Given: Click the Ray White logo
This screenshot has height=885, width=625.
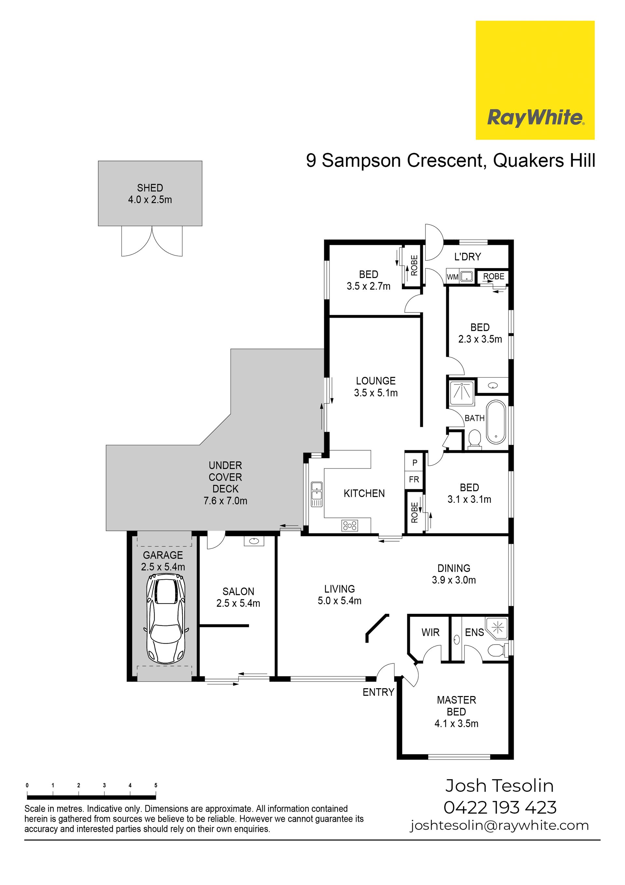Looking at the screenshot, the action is (x=535, y=80).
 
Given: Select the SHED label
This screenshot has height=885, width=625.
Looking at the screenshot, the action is (x=150, y=188).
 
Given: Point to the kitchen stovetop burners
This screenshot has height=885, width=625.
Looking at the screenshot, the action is (x=350, y=525).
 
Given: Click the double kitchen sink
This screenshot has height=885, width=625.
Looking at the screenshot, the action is (x=317, y=494).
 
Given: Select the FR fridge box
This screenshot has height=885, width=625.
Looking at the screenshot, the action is (x=414, y=480).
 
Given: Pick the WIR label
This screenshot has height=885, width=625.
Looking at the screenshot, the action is (x=430, y=632).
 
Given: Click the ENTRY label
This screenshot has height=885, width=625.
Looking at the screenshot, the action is (x=378, y=692).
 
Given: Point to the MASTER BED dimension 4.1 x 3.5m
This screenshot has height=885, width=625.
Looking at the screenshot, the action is (x=456, y=723).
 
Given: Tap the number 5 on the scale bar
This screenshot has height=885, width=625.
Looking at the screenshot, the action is (x=156, y=785).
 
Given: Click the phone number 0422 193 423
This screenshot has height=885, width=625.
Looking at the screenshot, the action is (x=500, y=807).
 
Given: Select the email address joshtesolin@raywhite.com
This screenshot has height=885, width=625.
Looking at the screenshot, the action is (x=499, y=825).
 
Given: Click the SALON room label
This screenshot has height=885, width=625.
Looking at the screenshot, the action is (x=238, y=591).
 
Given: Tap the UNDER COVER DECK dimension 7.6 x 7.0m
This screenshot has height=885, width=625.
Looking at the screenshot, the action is (x=225, y=501).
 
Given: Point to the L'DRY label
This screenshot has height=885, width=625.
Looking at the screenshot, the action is (x=467, y=257).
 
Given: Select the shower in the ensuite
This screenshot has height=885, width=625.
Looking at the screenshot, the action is (x=497, y=629).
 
